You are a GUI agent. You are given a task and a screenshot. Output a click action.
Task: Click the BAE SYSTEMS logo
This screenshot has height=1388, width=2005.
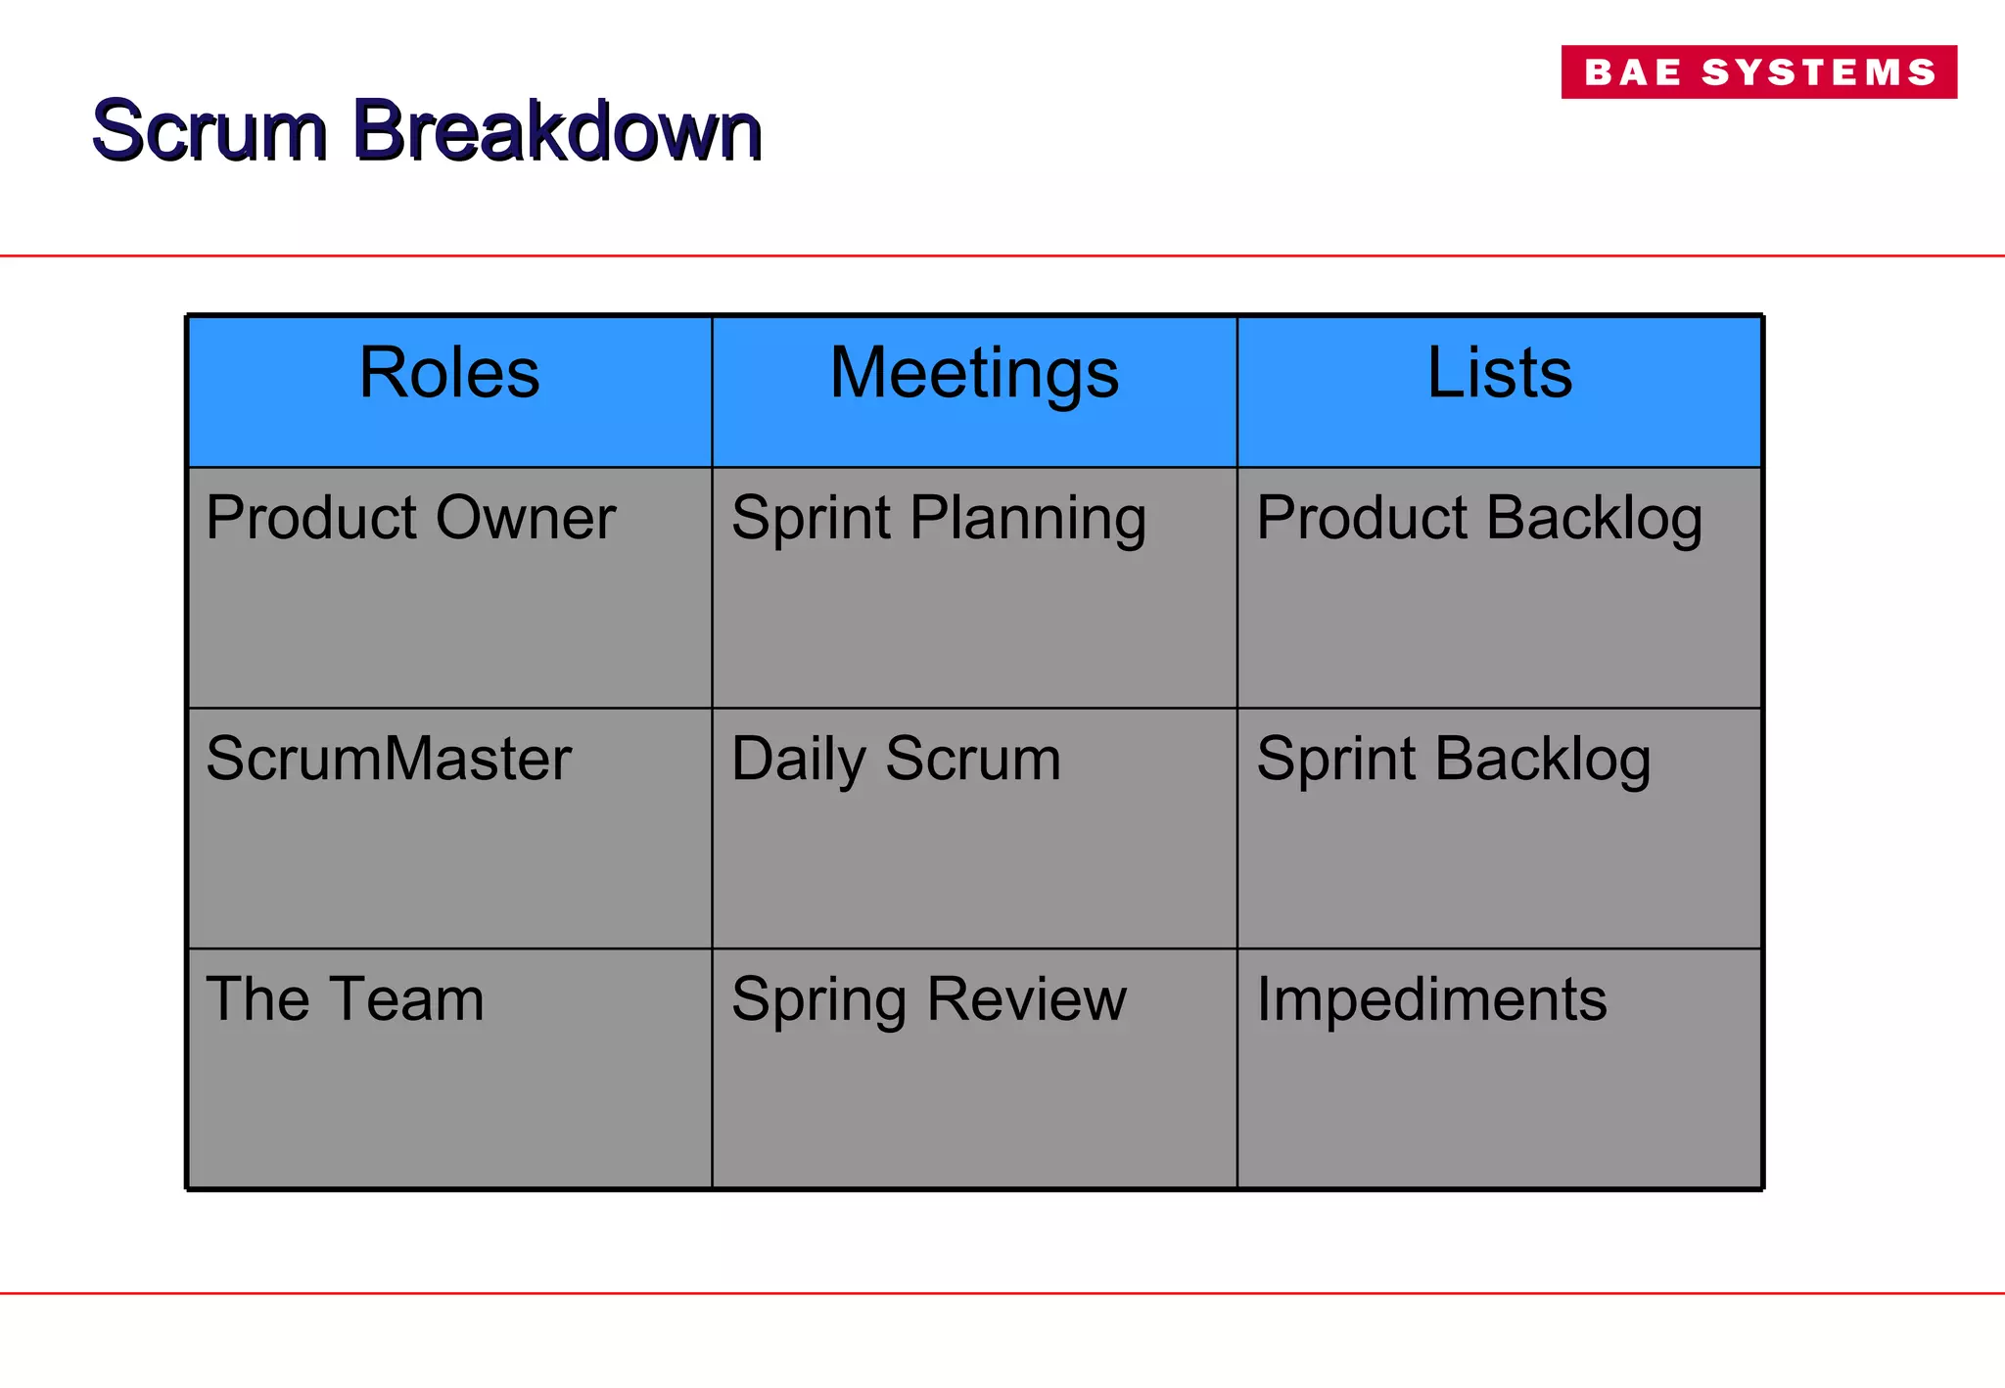click(1758, 71)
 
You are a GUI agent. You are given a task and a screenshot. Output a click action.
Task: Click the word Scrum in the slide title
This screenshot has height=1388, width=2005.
click(209, 130)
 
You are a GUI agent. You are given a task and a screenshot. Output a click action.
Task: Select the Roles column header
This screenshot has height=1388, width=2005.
click(449, 373)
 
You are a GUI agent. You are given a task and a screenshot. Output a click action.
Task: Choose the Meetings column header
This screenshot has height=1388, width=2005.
click(974, 373)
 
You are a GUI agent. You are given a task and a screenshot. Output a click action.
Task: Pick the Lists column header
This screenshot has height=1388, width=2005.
click(1499, 373)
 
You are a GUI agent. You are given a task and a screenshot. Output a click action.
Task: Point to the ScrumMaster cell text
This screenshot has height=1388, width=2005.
click(389, 759)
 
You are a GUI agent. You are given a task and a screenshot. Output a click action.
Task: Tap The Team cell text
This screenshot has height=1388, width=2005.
click(345, 999)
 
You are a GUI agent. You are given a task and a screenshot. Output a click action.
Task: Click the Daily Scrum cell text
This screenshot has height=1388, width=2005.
click(896, 759)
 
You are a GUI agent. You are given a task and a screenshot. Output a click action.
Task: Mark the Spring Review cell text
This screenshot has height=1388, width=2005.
click(928, 999)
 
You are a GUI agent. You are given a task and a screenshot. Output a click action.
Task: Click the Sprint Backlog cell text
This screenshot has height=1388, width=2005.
click(1453, 759)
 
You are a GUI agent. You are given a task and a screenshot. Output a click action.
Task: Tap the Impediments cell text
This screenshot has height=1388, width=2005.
click(1431, 999)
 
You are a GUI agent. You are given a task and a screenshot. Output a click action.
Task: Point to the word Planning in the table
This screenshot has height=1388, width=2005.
click(1028, 519)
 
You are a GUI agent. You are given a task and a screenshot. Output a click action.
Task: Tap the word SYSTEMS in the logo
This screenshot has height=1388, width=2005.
click(1819, 72)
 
